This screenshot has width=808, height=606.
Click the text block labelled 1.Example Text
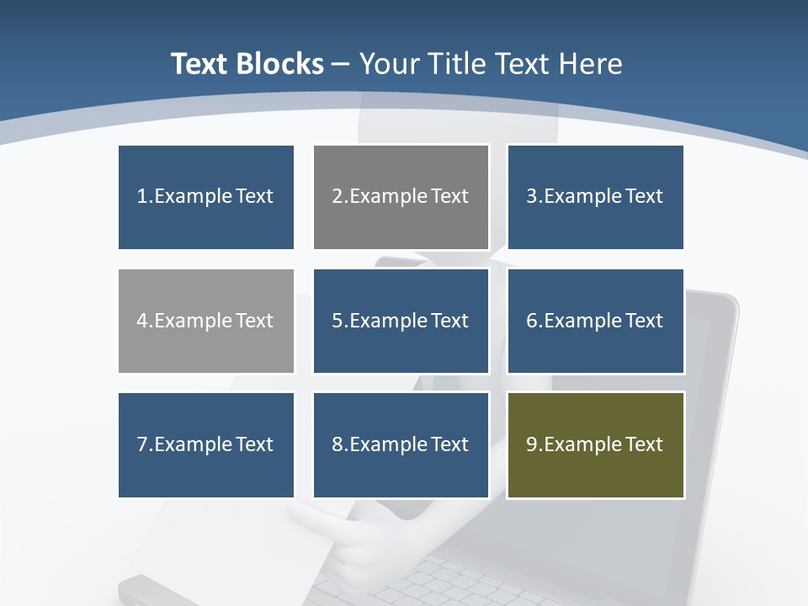(206, 197)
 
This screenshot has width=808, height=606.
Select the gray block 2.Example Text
(401, 197)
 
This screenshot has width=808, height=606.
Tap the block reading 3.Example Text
(595, 197)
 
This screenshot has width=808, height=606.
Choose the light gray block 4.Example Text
(206, 321)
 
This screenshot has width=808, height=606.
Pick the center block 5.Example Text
(401, 321)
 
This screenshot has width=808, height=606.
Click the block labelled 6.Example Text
(595, 321)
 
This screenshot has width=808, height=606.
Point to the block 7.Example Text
(206, 444)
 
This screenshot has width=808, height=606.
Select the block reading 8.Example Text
(401, 444)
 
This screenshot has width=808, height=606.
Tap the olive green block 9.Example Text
(595, 444)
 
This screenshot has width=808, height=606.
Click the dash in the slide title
(341, 64)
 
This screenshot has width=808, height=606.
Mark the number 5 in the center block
(337, 321)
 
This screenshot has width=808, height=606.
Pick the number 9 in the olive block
(532, 444)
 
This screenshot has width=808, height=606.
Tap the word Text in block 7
(254, 444)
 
